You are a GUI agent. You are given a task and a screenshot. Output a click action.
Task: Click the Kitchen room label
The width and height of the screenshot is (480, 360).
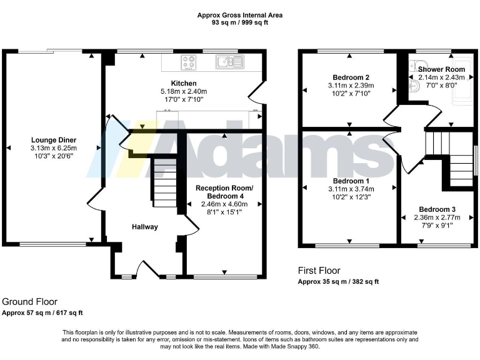tap(184, 83)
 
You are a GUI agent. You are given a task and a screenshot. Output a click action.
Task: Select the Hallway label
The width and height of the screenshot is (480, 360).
tap(144, 227)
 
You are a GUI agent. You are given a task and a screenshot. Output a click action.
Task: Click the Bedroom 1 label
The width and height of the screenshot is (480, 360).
tap(350, 180)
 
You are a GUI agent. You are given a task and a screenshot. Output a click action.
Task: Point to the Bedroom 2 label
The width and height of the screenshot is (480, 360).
tap(350, 77)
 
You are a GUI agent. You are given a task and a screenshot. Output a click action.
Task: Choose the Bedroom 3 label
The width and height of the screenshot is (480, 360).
tap(437, 209)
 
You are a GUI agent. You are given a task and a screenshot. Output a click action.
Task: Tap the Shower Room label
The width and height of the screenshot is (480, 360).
tap(441, 69)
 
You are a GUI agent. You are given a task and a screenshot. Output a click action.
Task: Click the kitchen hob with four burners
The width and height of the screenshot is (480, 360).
tap(189, 62)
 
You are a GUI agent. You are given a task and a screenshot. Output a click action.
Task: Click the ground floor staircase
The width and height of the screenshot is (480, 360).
tap(164, 182)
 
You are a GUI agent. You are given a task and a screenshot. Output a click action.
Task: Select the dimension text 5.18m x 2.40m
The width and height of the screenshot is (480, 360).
tap(184, 91)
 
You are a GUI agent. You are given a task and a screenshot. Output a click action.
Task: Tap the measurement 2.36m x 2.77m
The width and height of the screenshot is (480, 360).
tap(437, 217)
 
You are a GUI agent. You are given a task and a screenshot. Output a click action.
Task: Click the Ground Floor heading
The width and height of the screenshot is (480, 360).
tap(25, 301)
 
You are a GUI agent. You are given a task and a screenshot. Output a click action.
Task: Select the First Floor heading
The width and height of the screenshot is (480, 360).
tap(319, 271)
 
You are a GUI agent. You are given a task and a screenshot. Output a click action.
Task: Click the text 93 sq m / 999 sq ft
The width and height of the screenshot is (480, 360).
tap(240, 22)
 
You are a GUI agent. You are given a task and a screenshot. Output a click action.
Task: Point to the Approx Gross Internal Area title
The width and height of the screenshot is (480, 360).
tap(240, 14)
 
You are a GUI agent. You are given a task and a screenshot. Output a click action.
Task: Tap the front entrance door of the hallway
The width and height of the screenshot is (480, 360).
tap(148, 270)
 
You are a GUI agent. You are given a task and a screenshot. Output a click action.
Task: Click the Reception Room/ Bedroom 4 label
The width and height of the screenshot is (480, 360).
tap(224, 192)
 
